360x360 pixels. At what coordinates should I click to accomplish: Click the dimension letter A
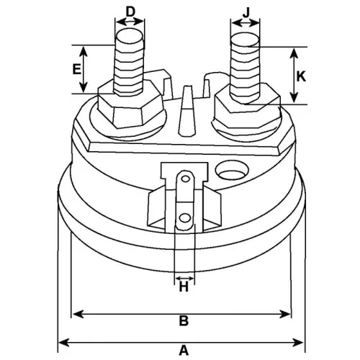(184, 351)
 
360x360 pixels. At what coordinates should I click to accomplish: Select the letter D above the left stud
(130, 11)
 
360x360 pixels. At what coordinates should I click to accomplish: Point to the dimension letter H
(184, 288)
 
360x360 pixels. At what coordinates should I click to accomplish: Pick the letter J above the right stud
(246, 11)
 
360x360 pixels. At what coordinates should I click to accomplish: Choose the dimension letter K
(302, 76)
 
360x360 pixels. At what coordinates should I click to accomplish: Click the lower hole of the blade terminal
(186, 217)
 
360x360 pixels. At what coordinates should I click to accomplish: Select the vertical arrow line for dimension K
(292, 76)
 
